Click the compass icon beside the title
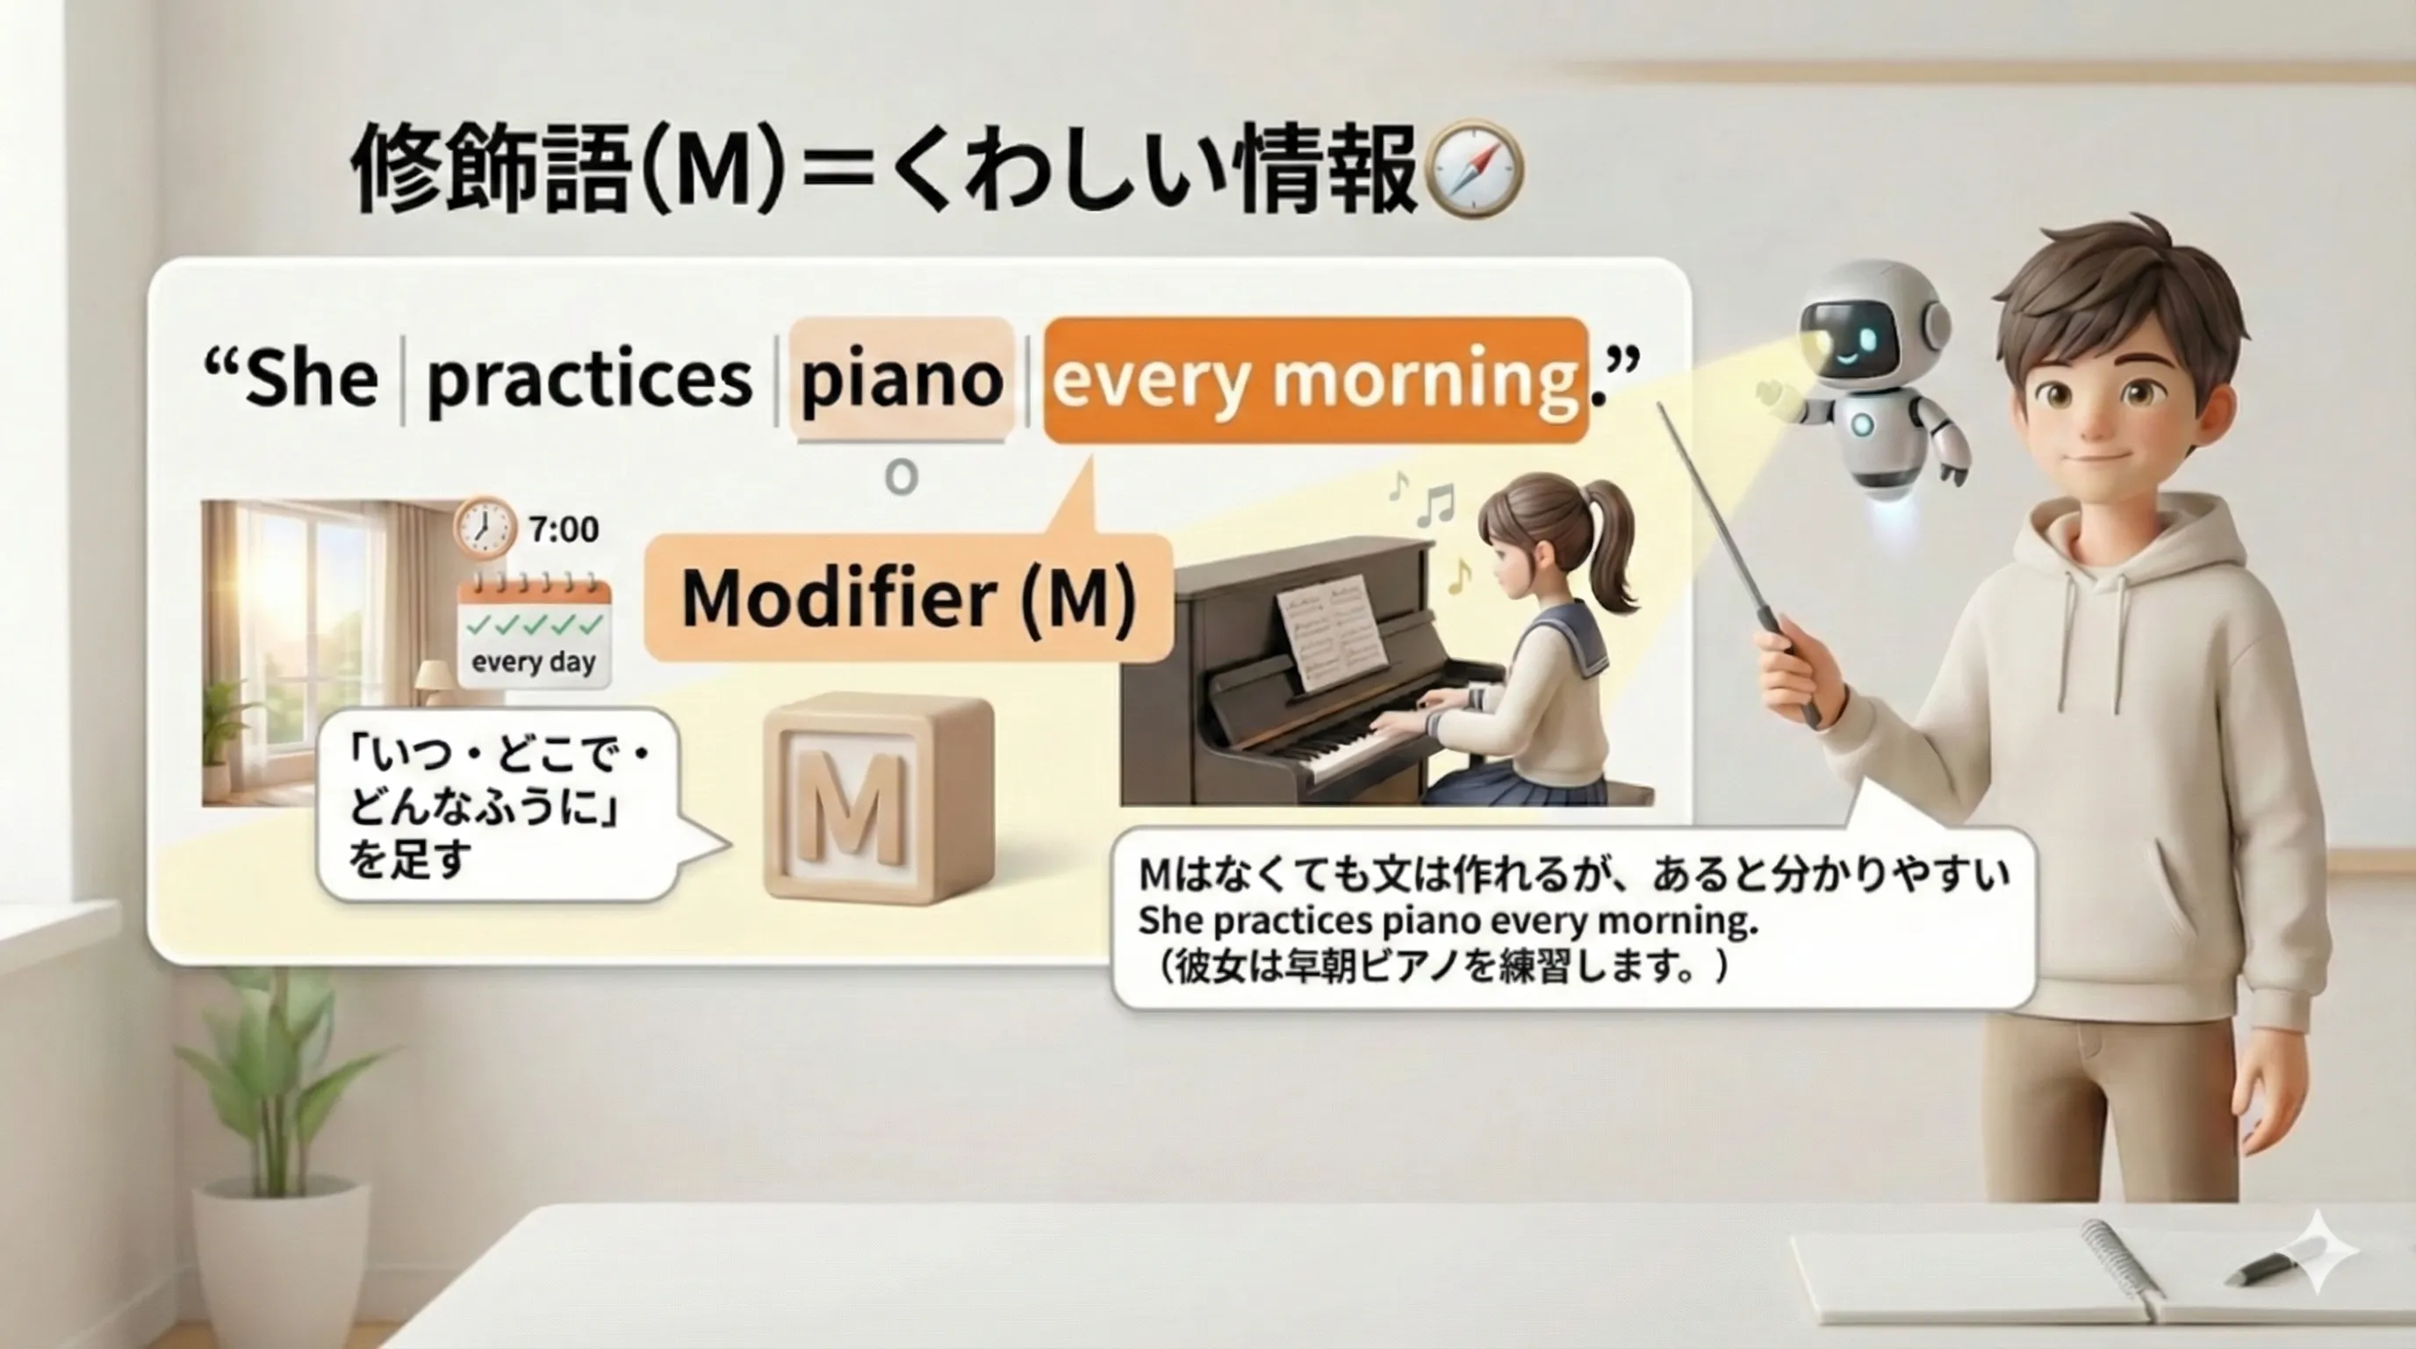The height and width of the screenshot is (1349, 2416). (x=1473, y=170)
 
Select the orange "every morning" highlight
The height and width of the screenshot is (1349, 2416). (x=1315, y=379)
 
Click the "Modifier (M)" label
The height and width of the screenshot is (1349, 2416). (x=908, y=597)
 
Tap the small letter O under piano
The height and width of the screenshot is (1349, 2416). (x=902, y=479)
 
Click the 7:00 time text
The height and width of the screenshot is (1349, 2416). (x=563, y=530)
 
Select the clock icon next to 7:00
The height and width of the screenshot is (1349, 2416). (x=484, y=528)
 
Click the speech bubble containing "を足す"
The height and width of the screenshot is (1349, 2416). (x=497, y=807)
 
